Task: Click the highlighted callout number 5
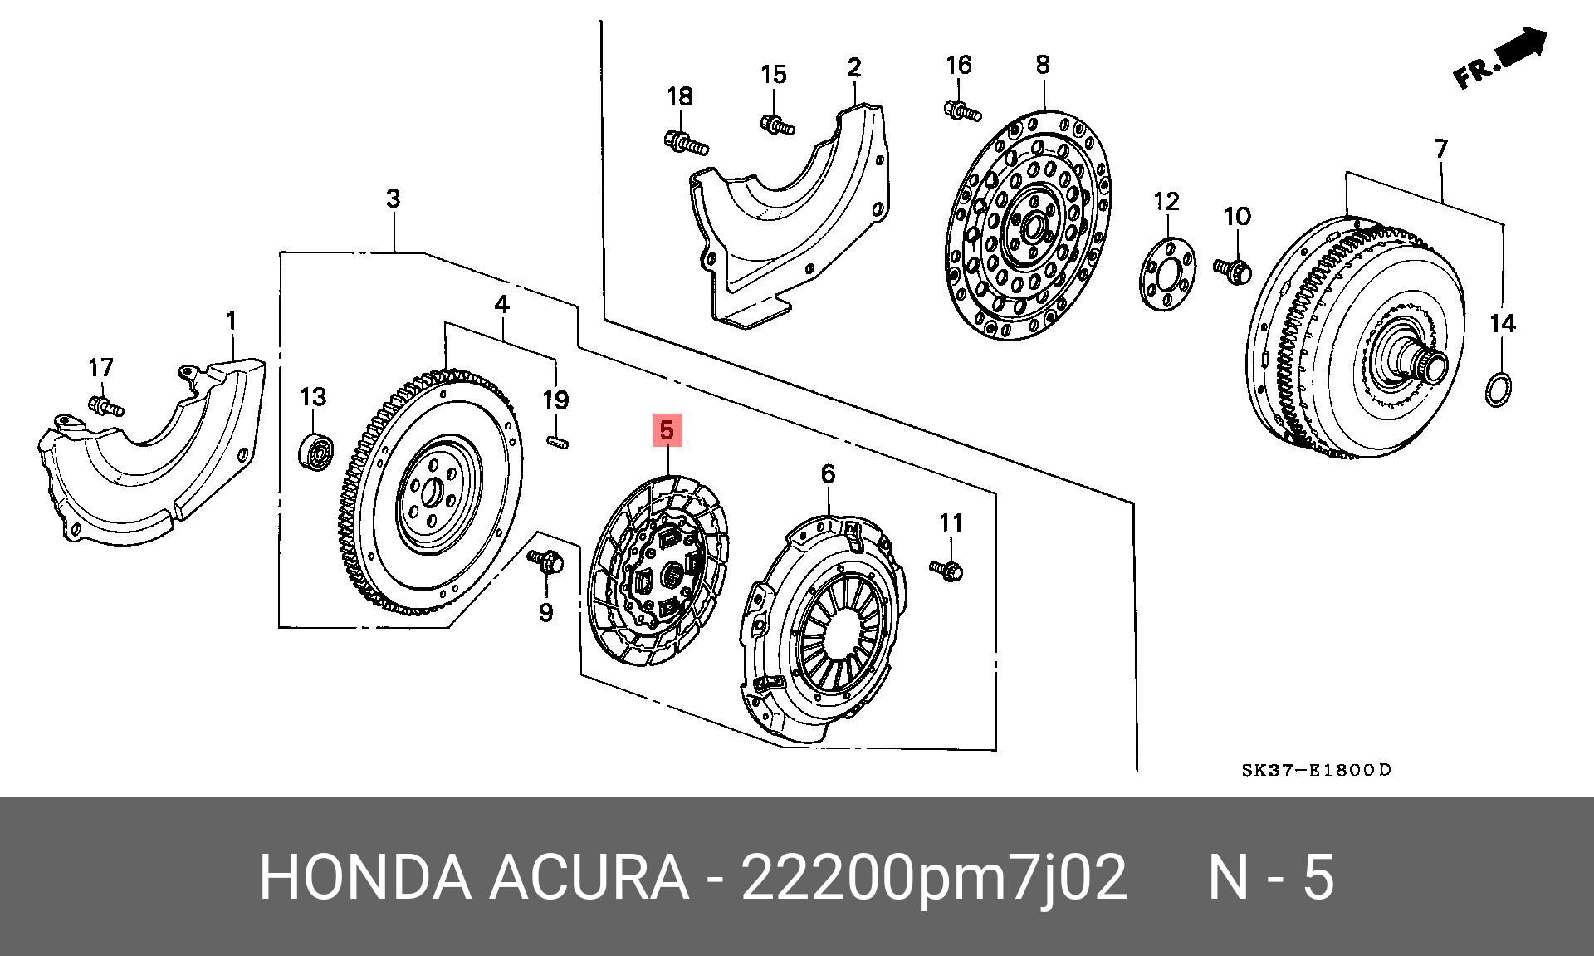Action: (666, 431)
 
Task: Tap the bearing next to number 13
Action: (315, 450)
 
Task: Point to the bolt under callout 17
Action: (105, 406)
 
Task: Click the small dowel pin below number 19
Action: (558, 443)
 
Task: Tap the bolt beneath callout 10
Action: (1233, 270)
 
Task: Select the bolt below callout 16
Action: (961, 110)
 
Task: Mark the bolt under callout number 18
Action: (685, 144)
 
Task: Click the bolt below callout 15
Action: (776, 125)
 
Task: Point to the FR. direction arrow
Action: (1501, 60)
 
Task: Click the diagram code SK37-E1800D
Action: (1316, 770)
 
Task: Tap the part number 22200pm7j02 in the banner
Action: (934, 876)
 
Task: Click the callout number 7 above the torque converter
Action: (1440, 149)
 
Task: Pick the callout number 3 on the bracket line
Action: (393, 199)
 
